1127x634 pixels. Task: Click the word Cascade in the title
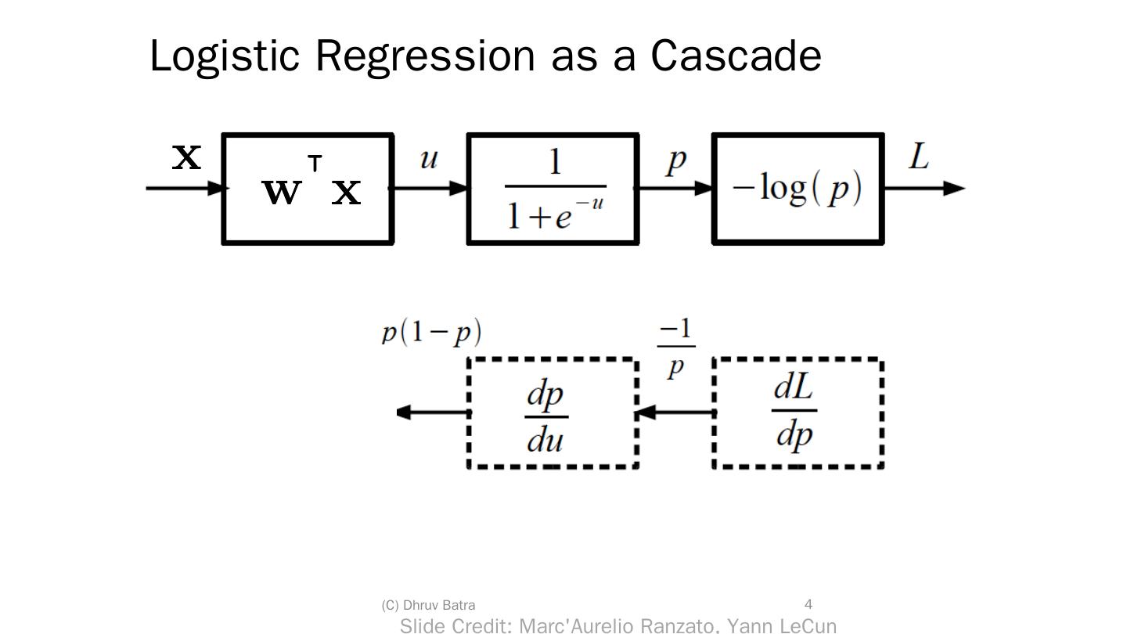[735, 56]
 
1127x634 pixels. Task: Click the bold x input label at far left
[187, 157]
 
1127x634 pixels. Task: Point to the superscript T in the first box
[315, 164]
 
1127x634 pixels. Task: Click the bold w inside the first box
[281, 191]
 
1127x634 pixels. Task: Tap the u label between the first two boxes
[428, 159]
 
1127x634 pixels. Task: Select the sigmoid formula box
[553, 189]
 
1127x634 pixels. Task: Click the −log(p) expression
[798, 189]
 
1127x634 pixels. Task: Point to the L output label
[919, 157]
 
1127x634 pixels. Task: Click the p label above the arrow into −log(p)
[676, 160]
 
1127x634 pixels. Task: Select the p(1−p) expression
[431, 333]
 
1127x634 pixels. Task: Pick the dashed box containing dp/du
[553, 412]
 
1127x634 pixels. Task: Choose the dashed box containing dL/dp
[798, 412]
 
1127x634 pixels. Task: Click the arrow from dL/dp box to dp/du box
[676, 412]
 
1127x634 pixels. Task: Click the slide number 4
[808, 604]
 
